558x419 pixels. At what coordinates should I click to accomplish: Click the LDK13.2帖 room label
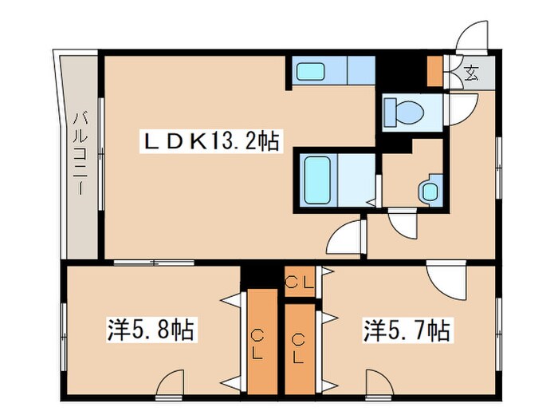click(x=210, y=142)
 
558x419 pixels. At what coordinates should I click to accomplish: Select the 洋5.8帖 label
click(x=151, y=329)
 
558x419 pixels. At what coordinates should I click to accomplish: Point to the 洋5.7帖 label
click(x=407, y=329)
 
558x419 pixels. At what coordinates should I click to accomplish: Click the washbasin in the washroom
click(x=430, y=190)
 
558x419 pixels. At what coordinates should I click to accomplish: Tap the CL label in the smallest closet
click(x=301, y=281)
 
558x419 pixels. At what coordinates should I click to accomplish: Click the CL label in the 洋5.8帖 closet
click(x=260, y=341)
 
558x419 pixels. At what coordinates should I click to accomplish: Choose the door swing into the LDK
click(x=345, y=237)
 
